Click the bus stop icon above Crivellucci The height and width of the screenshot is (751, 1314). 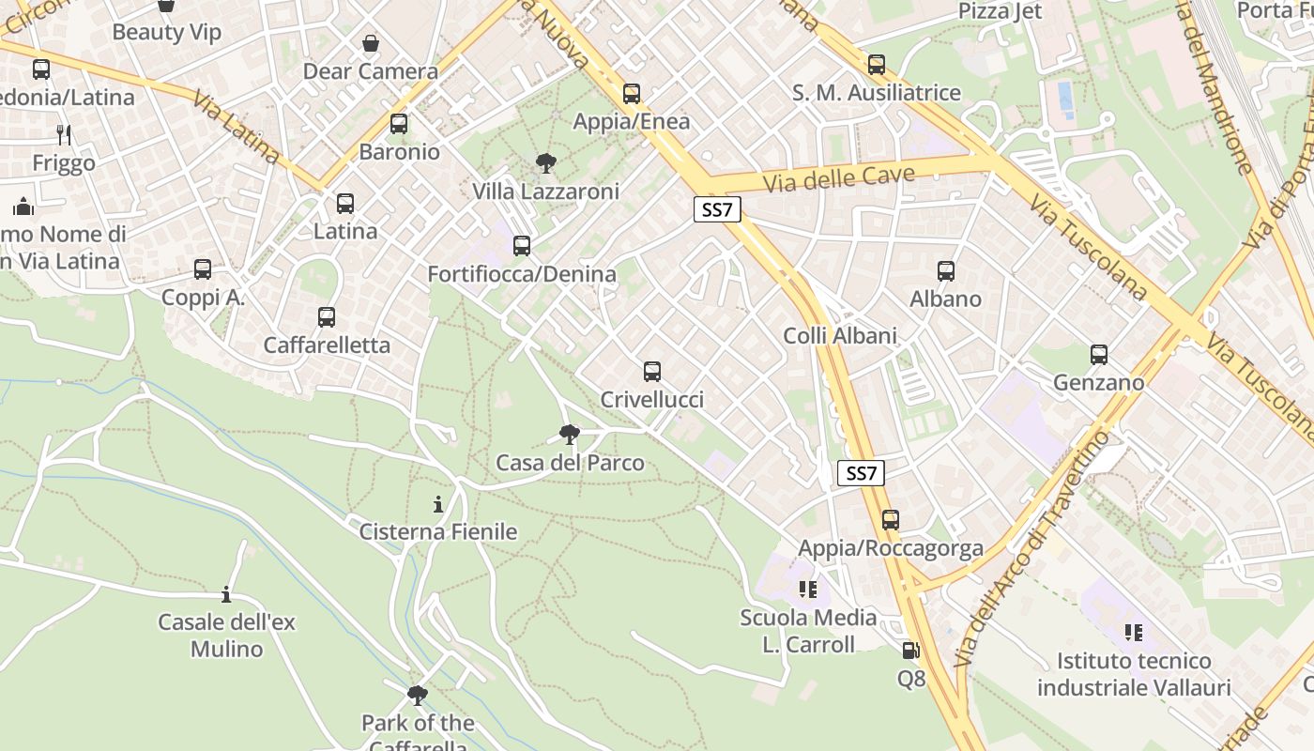pos(652,372)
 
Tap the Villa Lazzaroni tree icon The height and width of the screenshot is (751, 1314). pos(545,164)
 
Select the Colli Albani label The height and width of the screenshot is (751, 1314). pos(840,335)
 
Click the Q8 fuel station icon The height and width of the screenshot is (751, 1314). pos(909,651)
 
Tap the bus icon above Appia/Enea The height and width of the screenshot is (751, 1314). pos(632,94)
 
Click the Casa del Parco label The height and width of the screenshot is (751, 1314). pos(570,463)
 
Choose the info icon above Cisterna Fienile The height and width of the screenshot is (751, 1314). pos(438,505)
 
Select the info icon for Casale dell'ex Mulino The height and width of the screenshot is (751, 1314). pos(226,594)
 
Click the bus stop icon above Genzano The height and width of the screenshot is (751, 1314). pos(1099,355)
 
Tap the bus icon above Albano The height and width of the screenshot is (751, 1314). pos(946,271)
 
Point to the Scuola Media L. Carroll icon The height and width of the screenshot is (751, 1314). pos(807,590)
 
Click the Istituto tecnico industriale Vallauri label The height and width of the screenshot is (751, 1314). pos(1134,674)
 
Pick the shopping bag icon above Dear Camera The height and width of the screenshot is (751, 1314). pos(371,43)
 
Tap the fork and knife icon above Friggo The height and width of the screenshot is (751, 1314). pos(64,135)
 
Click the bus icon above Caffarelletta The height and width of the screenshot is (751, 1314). pos(327,317)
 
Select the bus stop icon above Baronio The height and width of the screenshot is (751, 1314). pos(399,124)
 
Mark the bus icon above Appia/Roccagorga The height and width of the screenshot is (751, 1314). pos(891,520)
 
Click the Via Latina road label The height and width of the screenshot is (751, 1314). pos(237,127)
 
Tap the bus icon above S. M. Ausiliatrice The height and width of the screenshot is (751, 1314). pos(877,65)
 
